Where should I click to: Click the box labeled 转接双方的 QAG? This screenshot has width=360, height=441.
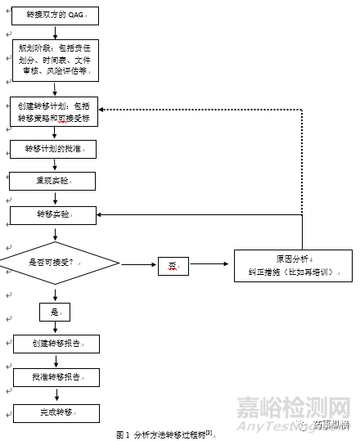tap(56, 16)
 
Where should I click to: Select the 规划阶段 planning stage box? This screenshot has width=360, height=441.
tap(55, 61)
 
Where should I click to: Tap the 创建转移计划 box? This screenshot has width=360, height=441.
tap(55, 111)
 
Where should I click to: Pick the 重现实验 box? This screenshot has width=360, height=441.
tap(52, 181)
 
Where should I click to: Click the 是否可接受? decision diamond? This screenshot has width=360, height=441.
tap(56, 263)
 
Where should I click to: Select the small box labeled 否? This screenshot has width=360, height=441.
tap(173, 265)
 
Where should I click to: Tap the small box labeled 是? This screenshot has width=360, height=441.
tap(55, 312)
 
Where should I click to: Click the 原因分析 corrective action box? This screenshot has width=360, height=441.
tap(293, 265)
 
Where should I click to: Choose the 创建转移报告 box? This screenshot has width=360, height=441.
tap(56, 344)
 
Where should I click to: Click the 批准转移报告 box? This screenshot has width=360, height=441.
tap(56, 377)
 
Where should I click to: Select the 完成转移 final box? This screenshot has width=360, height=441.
tap(56, 413)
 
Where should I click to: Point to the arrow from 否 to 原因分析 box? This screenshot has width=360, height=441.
tap(210, 264)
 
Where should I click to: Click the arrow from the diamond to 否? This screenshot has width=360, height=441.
tap(139, 264)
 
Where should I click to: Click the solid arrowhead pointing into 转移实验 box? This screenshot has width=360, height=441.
tap(101, 214)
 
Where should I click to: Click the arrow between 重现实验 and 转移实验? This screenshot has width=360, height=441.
tap(55, 198)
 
